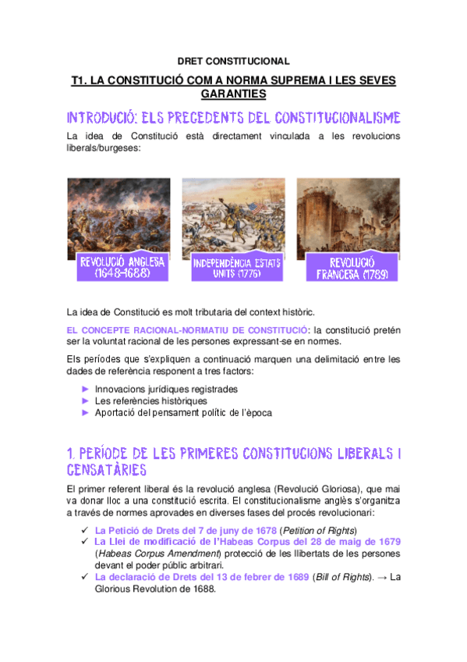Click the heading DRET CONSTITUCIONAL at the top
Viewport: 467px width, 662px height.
point(233,60)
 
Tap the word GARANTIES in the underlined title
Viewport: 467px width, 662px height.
point(233,94)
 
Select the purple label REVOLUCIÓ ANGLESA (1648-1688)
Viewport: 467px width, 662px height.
point(121,268)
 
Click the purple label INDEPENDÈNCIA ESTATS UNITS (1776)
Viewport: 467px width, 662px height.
point(236,269)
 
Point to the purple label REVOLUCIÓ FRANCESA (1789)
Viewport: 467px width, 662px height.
point(352,268)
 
